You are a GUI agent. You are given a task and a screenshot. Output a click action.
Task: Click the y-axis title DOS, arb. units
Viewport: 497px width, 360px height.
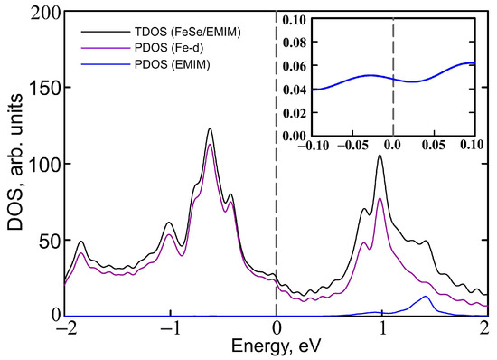(14, 163)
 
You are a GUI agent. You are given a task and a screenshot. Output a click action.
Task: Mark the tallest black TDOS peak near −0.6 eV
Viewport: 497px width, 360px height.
(210, 128)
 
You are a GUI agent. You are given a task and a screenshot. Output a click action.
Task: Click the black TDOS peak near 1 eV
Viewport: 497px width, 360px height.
(380, 156)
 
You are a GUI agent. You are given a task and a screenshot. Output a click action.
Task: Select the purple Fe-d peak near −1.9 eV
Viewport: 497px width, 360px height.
(81, 253)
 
